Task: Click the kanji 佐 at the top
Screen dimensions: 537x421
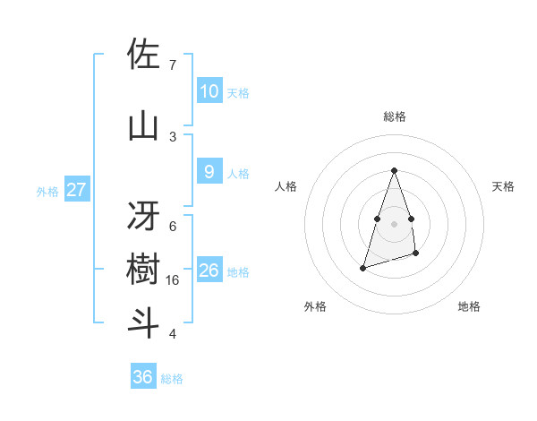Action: (x=143, y=56)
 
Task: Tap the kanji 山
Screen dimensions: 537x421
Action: (x=143, y=125)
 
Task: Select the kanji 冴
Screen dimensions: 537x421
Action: (x=143, y=214)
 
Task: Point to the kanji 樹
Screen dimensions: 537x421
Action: (x=143, y=269)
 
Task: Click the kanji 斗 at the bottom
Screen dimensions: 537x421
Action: (x=143, y=322)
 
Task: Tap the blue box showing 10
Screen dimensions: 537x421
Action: (x=209, y=90)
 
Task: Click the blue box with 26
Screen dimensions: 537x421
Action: (x=209, y=270)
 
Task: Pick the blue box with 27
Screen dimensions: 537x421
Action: (x=77, y=189)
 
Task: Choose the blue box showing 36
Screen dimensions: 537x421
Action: (x=143, y=377)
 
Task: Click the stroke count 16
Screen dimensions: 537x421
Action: (x=174, y=280)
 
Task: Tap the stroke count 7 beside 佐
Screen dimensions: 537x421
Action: (x=173, y=65)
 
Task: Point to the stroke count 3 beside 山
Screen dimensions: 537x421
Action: (x=173, y=136)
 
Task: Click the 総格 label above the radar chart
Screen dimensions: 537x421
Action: (x=395, y=116)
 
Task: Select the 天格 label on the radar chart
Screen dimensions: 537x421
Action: (x=503, y=186)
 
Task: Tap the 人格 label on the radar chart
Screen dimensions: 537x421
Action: (x=286, y=186)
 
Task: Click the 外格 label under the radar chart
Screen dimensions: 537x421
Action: (x=314, y=306)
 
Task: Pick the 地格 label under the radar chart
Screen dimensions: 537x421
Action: (x=469, y=306)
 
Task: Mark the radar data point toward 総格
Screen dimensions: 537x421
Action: (x=394, y=170)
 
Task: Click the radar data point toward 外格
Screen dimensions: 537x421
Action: (x=362, y=267)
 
